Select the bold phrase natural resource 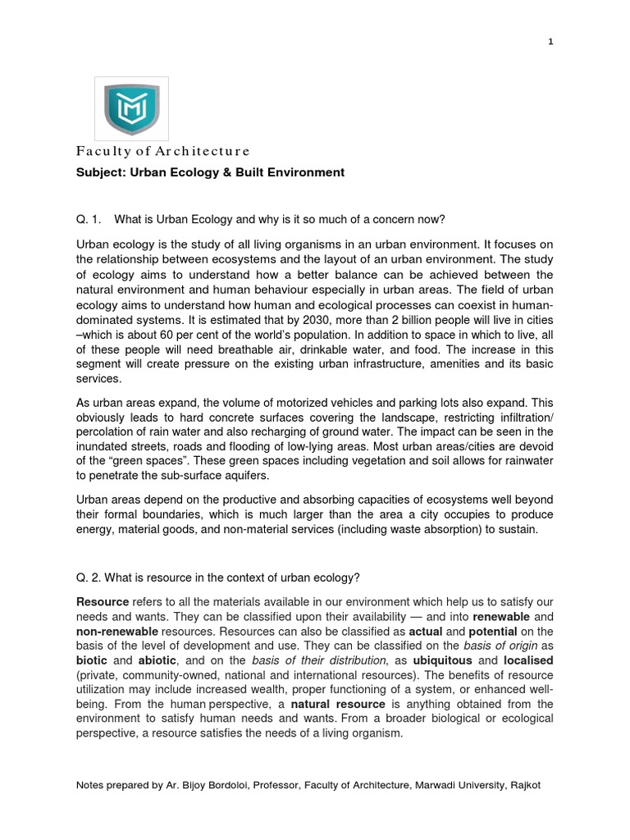(338, 705)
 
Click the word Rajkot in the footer (523, 785)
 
